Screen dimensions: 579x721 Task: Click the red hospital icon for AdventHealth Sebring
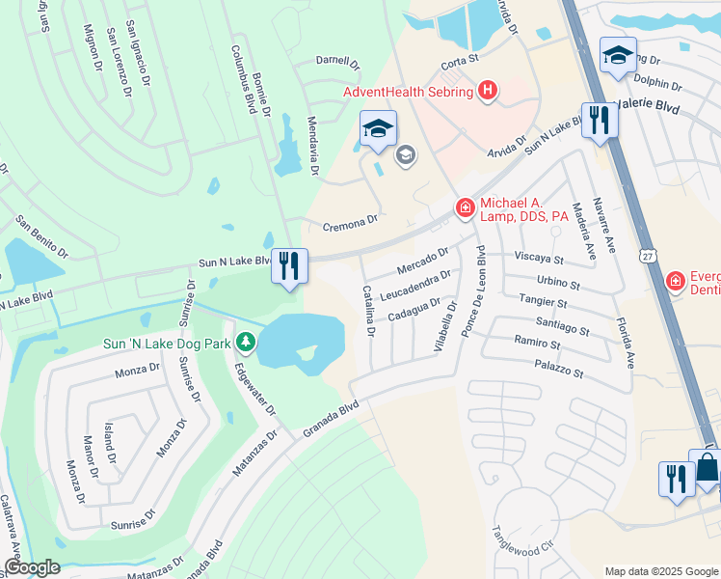[x=488, y=92]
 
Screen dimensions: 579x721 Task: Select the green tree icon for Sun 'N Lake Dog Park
[x=246, y=343]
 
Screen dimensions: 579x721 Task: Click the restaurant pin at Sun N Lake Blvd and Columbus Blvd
[x=289, y=265]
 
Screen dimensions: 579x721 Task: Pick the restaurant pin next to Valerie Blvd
[x=600, y=120]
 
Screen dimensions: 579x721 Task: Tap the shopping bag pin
[x=707, y=468]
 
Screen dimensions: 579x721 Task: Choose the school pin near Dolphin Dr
[x=617, y=54]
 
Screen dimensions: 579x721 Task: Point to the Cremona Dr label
[x=349, y=223]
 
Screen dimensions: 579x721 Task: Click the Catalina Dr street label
[x=368, y=312]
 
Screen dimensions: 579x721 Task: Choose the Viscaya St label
[x=538, y=259]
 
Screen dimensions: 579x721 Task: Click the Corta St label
[x=460, y=61]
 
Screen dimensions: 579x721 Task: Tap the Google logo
[x=31, y=567]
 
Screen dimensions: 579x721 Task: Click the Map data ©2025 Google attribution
[x=660, y=571]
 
